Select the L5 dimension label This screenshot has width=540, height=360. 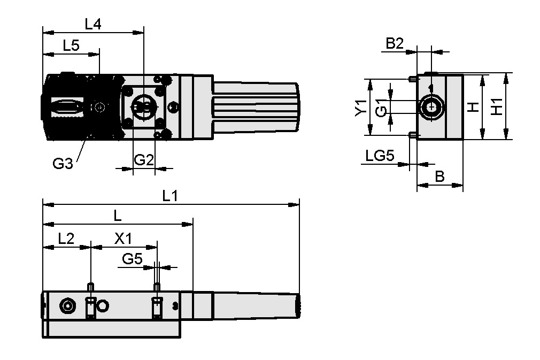71,45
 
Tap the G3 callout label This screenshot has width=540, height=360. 63,164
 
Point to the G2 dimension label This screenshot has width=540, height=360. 143,159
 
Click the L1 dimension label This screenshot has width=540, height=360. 170,196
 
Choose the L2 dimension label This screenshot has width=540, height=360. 66,239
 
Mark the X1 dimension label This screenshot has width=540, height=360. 124,239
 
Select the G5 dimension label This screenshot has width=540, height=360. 132,259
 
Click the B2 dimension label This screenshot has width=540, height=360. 395,44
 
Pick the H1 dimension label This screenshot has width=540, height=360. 497,106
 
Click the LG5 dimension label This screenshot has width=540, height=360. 380,156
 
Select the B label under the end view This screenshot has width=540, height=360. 439,176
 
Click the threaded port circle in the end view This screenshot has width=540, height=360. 431,107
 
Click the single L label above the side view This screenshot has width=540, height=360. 118,216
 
